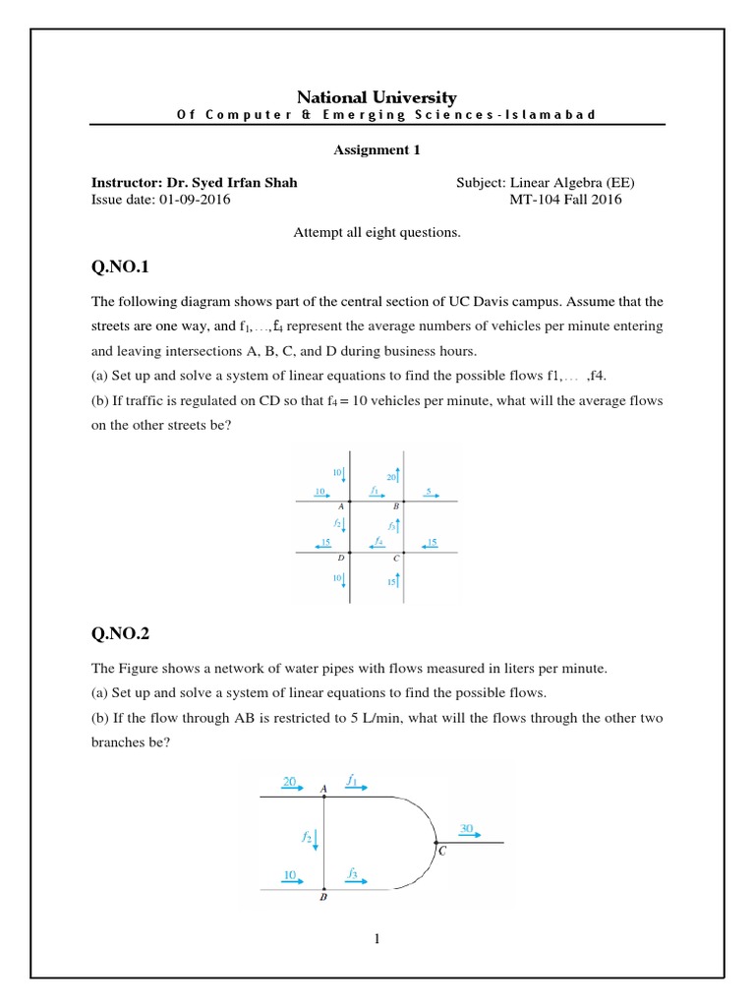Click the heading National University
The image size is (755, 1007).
tap(377, 96)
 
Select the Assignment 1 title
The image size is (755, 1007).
tap(377, 150)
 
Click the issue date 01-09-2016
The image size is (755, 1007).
tap(191, 200)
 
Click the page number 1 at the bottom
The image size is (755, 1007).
tap(377, 939)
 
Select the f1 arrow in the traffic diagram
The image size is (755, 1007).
tap(375, 494)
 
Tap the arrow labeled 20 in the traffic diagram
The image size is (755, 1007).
tap(396, 477)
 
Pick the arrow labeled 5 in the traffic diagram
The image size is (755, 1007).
tap(429, 494)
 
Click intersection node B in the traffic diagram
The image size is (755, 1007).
tap(403, 502)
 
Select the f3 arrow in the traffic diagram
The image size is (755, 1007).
tap(396, 526)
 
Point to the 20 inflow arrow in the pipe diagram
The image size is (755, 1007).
tap(292, 785)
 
